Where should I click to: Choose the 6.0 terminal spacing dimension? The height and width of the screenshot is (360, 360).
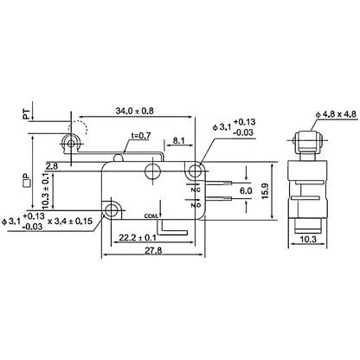pos(245,190)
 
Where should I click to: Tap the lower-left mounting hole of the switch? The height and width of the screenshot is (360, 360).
pos(114,210)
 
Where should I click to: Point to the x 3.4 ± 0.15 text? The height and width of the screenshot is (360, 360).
pos(81,222)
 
